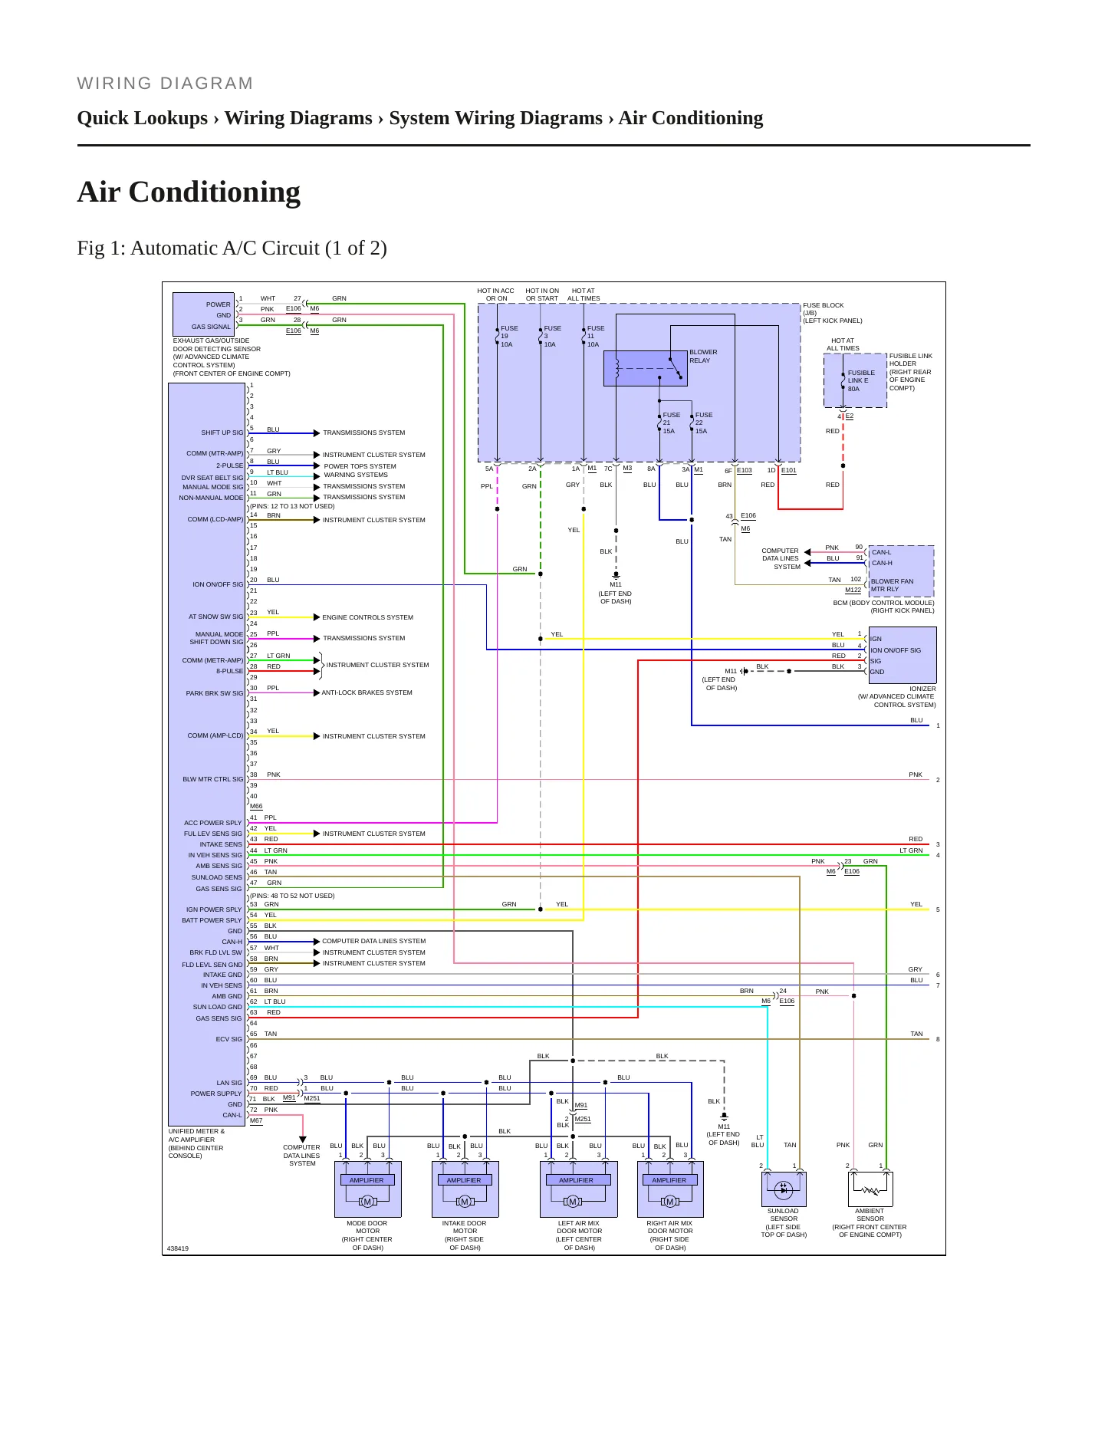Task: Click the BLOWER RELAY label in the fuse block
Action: click(703, 357)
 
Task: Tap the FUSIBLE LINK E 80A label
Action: click(861, 381)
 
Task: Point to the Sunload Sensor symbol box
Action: click(784, 1189)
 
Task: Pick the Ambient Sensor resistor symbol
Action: click(870, 1191)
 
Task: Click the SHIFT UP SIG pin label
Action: click(222, 433)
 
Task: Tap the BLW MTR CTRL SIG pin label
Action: click(212, 779)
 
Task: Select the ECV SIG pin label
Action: click(229, 1039)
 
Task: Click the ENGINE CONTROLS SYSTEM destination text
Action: click(367, 617)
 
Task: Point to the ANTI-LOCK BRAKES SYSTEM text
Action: click(367, 692)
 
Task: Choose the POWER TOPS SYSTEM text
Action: click(360, 466)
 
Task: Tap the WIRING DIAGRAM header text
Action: click(165, 84)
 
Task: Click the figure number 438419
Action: click(178, 1248)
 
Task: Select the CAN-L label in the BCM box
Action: click(881, 552)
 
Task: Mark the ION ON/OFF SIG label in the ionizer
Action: click(896, 650)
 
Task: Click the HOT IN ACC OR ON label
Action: click(495, 294)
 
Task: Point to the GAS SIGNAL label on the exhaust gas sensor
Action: click(211, 327)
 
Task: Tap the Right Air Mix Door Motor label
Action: click(670, 1235)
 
